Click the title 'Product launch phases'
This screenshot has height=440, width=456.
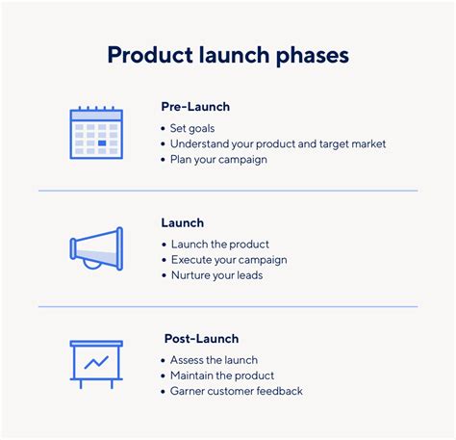227,55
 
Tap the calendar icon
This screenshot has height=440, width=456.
96,132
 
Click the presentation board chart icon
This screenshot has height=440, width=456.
96,363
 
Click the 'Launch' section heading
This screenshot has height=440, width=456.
182,223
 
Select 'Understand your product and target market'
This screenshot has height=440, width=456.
278,143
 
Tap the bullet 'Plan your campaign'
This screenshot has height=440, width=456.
218,160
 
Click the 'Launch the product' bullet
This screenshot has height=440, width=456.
219,244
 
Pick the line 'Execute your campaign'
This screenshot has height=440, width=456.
228,259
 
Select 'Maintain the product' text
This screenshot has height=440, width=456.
222,375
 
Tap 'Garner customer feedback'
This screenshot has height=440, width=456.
236,391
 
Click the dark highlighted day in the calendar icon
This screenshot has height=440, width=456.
102,142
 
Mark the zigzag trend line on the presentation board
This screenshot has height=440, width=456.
96,363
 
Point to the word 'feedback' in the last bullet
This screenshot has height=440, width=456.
276,391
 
